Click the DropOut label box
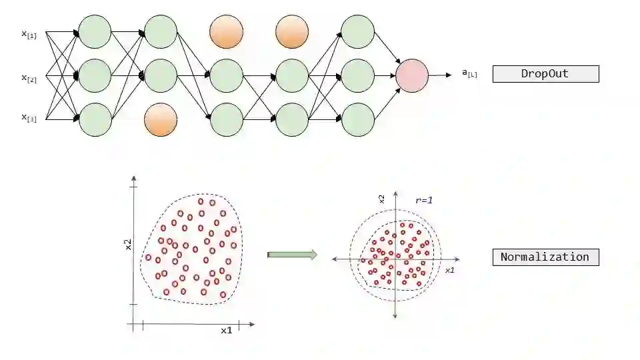pyautogui.click(x=545, y=74)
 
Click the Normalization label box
pyautogui.click(x=545, y=257)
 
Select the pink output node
pyautogui.click(x=411, y=75)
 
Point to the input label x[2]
pyautogui.click(x=29, y=77)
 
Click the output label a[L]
pyautogui.click(x=469, y=74)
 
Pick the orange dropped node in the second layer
pyautogui.click(x=161, y=120)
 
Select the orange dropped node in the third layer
pyautogui.click(x=226, y=31)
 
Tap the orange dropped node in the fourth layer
pyautogui.click(x=292, y=31)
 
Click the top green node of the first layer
pyautogui.click(x=95, y=31)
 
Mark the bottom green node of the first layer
pyautogui.click(x=95, y=120)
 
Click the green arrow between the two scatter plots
pyautogui.click(x=291, y=254)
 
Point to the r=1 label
pyautogui.click(x=424, y=199)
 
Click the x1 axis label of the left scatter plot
pyautogui.click(x=226, y=330)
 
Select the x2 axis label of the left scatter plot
pyautogui.click(x=128, y=245)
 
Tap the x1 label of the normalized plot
pyautogui.click(x=449, y=270)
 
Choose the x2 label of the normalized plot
pyautogui.click(x=381, y=199)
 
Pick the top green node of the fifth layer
pyautogui.click(x=357, y=31)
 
